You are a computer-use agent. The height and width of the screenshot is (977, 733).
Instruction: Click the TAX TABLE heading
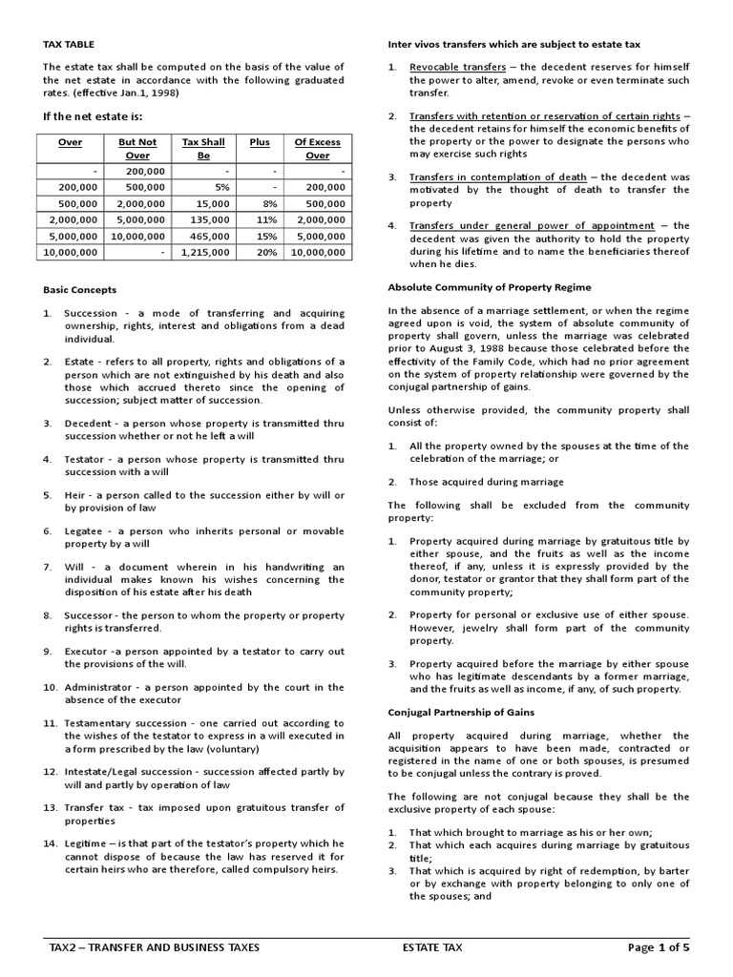point(69,44)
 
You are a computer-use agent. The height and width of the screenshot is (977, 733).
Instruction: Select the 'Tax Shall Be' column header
point(203,149)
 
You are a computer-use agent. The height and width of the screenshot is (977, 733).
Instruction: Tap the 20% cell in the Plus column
point(266,252)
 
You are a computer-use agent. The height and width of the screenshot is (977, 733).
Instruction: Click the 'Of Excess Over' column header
point(318,149)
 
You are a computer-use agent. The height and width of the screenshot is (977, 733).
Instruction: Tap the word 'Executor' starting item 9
point(86,651)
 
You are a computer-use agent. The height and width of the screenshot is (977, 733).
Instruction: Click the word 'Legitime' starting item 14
point(87,842)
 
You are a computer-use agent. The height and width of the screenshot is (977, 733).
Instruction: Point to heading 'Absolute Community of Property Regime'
point(489,287)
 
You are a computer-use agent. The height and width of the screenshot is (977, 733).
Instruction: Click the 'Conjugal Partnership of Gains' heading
point(460,712)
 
